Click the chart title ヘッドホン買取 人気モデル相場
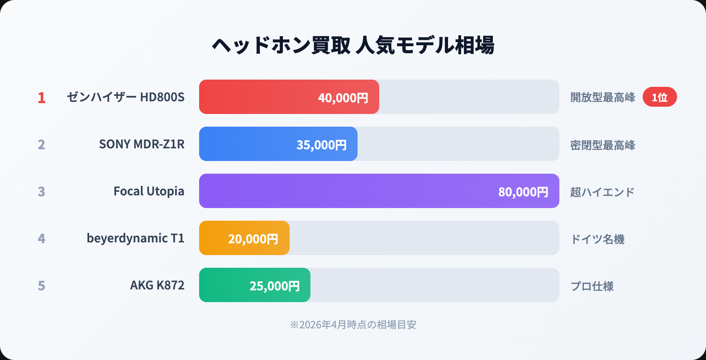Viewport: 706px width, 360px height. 353,45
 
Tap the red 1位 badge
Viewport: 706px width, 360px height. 659,97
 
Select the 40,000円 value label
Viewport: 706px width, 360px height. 343,98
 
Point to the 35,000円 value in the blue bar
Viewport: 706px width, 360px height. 321,145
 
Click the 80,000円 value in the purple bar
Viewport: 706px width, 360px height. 523,192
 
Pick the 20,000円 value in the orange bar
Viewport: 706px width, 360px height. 253,239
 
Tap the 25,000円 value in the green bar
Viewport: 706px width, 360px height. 275,286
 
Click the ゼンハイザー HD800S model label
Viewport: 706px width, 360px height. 125,97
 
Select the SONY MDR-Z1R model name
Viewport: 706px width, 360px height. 142,144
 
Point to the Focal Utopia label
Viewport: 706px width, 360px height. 149,191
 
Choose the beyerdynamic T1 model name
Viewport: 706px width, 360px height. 135,238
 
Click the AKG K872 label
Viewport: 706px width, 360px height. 157,285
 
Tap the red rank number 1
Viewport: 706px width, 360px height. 42,98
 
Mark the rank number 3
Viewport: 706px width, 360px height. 42,192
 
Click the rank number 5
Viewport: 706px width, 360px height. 42,286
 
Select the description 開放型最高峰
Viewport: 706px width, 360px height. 602,98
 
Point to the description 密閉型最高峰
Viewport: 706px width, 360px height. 602,145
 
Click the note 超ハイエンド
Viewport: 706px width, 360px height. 602,192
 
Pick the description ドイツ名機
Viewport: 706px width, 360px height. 597,239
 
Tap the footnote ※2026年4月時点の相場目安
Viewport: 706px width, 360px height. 353,325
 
